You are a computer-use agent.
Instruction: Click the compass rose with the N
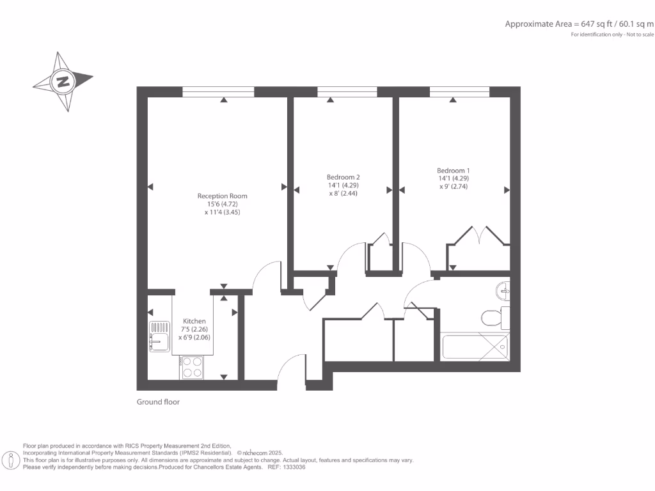tap(63, 81)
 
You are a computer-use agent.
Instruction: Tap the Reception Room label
tap(222, 196)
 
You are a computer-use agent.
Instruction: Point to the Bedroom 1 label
tap(454, 171)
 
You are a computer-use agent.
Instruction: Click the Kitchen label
tap(194, 321)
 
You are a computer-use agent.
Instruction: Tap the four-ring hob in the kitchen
tap(192, 367)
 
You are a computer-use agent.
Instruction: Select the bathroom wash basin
tap(503, 291)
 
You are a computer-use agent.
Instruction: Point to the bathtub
tap(475, 346)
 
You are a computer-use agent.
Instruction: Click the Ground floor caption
tap(158, 402)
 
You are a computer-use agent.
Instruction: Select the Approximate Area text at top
tap(579, 24)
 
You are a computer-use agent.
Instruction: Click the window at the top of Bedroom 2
tap(347, 92)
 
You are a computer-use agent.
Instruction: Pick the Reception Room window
tap(218, 92)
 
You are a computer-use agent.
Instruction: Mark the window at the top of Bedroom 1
tap(460, 92)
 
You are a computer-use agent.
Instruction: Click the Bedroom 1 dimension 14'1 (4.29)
tap(454, 178)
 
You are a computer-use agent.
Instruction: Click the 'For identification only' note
tap(612, 35)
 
